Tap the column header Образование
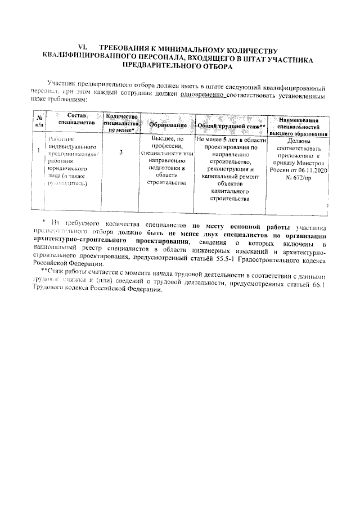(x=168, y=124)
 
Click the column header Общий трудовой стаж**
(x=231, y=126)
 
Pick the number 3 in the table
(x=121, y=152)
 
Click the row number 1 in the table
(x=38, y=151)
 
